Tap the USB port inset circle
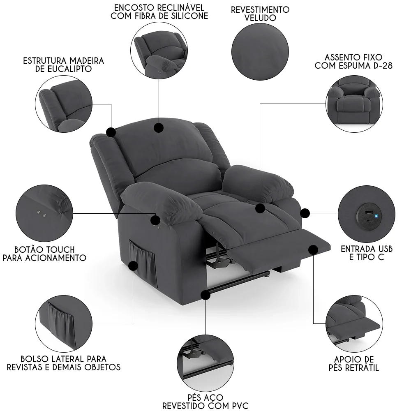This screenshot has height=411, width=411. point(365,217)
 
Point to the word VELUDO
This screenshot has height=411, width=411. point(260,18)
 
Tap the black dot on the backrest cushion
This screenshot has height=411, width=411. point(158,127)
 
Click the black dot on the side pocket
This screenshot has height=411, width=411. point(133,266)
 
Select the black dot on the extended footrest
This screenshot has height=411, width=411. point(313,249)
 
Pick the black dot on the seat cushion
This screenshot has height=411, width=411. point(260,208)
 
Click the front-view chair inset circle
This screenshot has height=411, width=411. point(354,102)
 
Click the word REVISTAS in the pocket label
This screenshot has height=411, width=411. point(25,367)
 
